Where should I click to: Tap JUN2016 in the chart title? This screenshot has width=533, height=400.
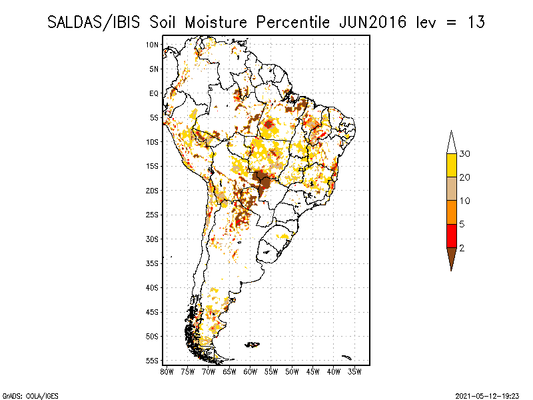point(372,22)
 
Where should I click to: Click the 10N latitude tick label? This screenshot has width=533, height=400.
point(152,45)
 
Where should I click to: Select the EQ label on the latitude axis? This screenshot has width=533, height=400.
point(153,93)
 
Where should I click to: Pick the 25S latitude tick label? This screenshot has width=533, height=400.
point(152,215)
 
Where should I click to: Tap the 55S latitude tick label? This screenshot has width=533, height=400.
point(152,361)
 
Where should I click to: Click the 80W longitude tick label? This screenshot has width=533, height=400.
point(167,371)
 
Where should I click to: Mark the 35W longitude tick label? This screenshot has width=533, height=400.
point(354,371)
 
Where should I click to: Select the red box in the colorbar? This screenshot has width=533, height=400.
point(452,235)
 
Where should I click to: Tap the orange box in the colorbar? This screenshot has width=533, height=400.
point(452,212)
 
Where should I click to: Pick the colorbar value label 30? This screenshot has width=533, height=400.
point(465,154)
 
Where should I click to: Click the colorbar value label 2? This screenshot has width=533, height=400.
point(462,247)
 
